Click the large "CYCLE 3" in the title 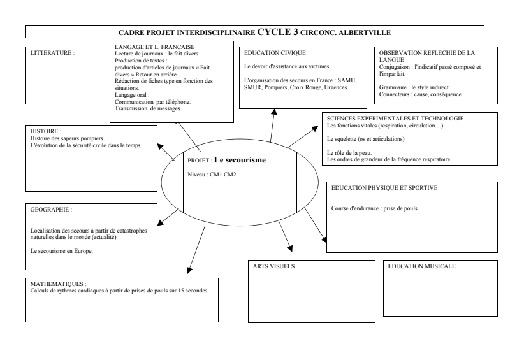[277, 31]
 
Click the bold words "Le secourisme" [240, 160]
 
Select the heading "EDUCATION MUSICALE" [422, 266]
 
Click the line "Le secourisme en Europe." [62, 251]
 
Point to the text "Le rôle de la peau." [349, 153]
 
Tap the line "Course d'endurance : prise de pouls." [375, 209]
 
